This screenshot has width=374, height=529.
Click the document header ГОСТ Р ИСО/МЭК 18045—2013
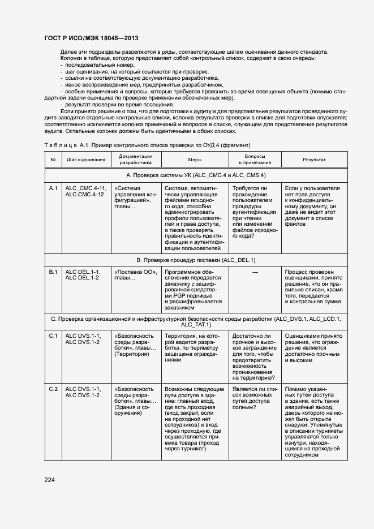coord(91,37)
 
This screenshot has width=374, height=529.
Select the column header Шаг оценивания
coord(85,160)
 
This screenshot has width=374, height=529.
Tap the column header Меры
coord(195,160)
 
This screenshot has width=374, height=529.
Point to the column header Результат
coord(313,160)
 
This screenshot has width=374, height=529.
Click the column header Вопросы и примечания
coord(254,159)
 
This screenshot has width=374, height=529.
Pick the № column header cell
coord(53,160)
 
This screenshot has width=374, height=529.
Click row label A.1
coord(53,188)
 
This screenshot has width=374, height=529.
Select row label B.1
coord(53,272)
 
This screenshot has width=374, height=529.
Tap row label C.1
coord(53,336)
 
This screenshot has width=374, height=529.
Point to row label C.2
coord(53,389)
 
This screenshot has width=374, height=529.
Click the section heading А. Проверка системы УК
coord(196,175)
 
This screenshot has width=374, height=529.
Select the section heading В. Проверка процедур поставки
coord(196,260)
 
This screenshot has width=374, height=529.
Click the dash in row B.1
coord(255,273)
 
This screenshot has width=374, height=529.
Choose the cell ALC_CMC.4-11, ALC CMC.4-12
coord(85,191)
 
